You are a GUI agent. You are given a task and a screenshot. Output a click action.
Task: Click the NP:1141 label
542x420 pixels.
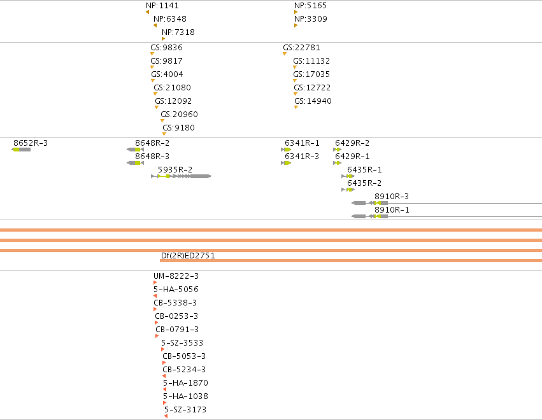(x=162, y=6)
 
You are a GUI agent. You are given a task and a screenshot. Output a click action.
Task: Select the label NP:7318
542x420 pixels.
(x=178, y=32)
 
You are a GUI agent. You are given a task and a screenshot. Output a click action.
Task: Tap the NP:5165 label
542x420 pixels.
(x=310, y=6)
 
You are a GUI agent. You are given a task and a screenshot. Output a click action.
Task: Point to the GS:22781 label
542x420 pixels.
(x=301, y=47)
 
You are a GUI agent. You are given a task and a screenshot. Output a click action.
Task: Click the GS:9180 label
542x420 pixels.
(x=178, y=127)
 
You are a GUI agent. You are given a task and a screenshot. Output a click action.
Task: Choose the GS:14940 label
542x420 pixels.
(x=313, y=101)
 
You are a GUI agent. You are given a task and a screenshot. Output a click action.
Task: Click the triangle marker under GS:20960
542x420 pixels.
(x=162, y=120)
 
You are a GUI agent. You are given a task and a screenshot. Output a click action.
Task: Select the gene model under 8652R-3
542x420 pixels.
(x=21, y=150)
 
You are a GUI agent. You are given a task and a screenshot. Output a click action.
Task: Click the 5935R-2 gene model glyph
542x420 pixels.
(x=181, y=176)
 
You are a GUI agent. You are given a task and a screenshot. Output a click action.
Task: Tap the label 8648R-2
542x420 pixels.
(x=152, y=143)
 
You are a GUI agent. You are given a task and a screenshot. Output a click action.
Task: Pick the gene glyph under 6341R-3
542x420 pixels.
(x=286, y=163)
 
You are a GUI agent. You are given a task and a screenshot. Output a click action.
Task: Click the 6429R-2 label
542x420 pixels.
(x=352, y=143)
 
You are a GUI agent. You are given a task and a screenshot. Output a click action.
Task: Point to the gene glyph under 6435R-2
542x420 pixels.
(x=348, y=190)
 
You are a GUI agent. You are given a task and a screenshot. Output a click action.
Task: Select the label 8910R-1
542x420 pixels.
(x=392, y=209)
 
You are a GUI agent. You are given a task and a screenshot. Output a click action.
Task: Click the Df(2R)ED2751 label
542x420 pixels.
(x=188, y=256)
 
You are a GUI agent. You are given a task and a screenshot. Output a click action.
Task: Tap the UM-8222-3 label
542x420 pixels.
(x=176, y=276)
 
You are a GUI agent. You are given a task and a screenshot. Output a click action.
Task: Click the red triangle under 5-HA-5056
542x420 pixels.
(x=155, y=296)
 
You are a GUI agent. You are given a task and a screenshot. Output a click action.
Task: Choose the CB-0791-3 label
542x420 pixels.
(x=177, y=330)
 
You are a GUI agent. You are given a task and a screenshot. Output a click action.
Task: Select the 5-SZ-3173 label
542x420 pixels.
(x=185, y=410)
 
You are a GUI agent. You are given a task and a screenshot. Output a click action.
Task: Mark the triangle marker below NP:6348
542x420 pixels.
(x=155, y=25)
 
